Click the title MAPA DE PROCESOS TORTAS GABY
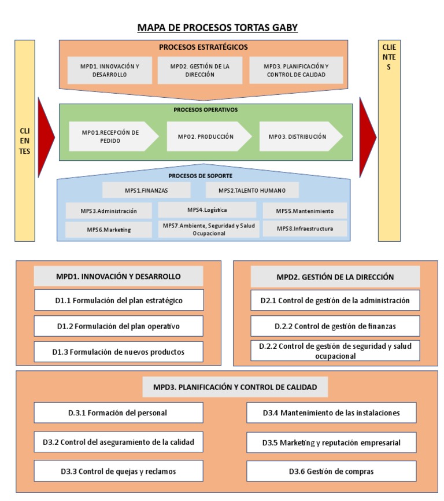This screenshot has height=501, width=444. pos(217,27)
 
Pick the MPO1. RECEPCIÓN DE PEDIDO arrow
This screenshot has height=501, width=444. pos(112,137)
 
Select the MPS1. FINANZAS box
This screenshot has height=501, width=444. pos(146,190)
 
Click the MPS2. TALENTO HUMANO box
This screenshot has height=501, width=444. pos(252,190)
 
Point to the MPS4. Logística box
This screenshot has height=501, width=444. pos(207,209)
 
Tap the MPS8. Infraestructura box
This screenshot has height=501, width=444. pos(305,229)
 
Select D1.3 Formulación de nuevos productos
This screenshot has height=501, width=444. pos(119,352)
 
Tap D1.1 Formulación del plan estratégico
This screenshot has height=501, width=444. pos(119,300)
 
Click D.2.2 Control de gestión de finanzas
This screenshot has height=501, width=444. pos(335,326)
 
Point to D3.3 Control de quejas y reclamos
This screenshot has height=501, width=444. pos(119,471)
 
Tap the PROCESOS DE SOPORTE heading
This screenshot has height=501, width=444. pos(201,175)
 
